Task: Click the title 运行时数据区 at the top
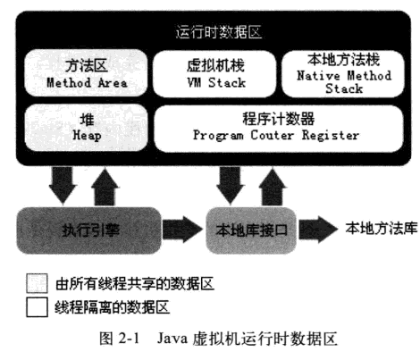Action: pyautogui.click(x=219, y=32)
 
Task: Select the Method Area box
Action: pyautogui.click(x=86, y=73)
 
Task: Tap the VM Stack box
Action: pyautogui.click(x=215, y=73)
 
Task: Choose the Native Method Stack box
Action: pyautogui.click(x=343, y=73)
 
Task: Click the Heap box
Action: pyautogui.click(x=86, y=128)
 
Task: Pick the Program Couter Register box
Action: pyautogui.click(x=279, y=129)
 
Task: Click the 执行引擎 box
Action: pyautogui.click(x=88, y=230)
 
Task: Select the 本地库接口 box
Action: pyautogui.click(x=251, y=230)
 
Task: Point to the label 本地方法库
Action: pyautogui.click(x=382, y=229)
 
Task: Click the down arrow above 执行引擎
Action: pyautogui.click(x=63, y=185)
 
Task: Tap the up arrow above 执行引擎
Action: pyautogui.click(x=105, y=187)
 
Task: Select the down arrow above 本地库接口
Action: pyautogui.click(x=231, y=185)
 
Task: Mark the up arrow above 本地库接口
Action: pyautogui.click(x=273, y=187)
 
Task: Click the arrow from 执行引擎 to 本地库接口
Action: pyautogui.click(x=183, y=230)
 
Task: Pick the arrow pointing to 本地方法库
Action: pyautogui.click(x=318, y=230)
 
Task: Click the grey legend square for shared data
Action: pyautogui.click(x=37, y=283)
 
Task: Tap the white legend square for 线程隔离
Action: pyautogui.click(x=37, y=307)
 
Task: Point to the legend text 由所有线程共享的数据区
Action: pyautogui.click(x=135, y=283)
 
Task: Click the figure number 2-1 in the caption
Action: pyautogui.click(x=129, y=339)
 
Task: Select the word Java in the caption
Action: pyautogui.click(x=172, y=339)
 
